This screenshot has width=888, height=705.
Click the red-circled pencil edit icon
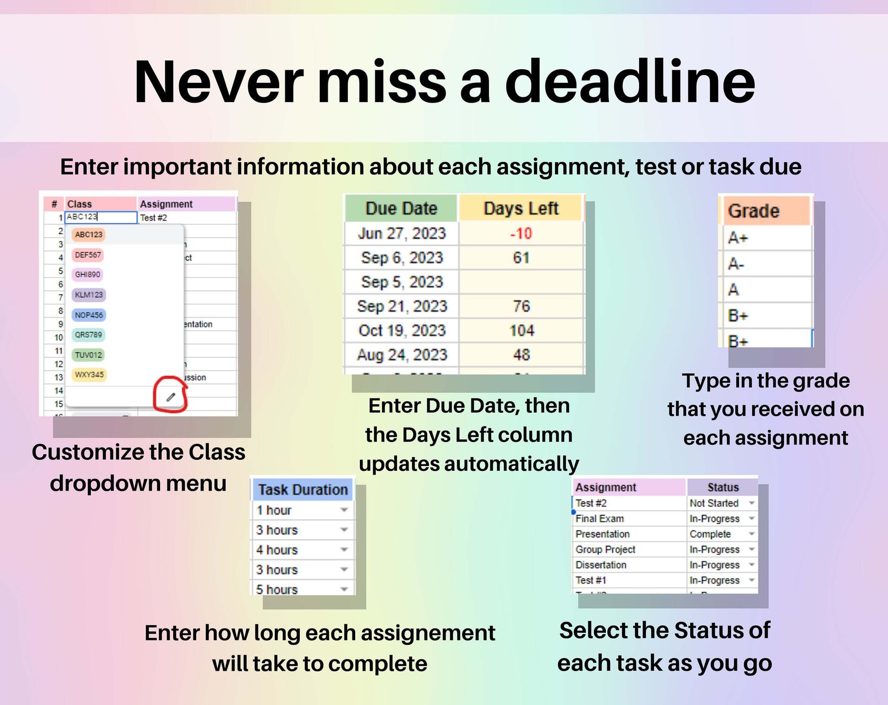tap(171, 397)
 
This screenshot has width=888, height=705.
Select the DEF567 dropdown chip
tap(88, 255)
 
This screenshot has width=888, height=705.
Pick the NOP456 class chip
tap(89, 315)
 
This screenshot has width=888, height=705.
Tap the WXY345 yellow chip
tap(89, 375)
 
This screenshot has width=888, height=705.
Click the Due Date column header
tap(401, 208)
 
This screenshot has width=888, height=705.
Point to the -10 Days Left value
tap(521, 234)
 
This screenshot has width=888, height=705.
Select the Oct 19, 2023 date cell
tap(402, 331)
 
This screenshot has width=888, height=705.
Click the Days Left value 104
tap(521, 331)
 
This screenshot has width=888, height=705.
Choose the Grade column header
tap(754, 211)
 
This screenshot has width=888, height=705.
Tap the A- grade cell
tap(736, 264)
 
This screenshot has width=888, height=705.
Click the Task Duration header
tap(303, 490)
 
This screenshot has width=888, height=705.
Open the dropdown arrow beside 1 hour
tap(344, 510)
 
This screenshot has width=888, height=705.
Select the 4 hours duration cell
tap(277, 550)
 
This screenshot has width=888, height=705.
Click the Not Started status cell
tap(714, 503)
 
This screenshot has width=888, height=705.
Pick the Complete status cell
tap(710, 534)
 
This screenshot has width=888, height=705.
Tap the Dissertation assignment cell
tap(601, 565)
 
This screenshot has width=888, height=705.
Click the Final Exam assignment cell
tap(600, 519)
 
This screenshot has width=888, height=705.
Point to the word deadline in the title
tap(630, 82)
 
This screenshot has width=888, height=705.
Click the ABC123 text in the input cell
tap(82, 217)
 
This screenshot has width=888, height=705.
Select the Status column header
tap(723, 487)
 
